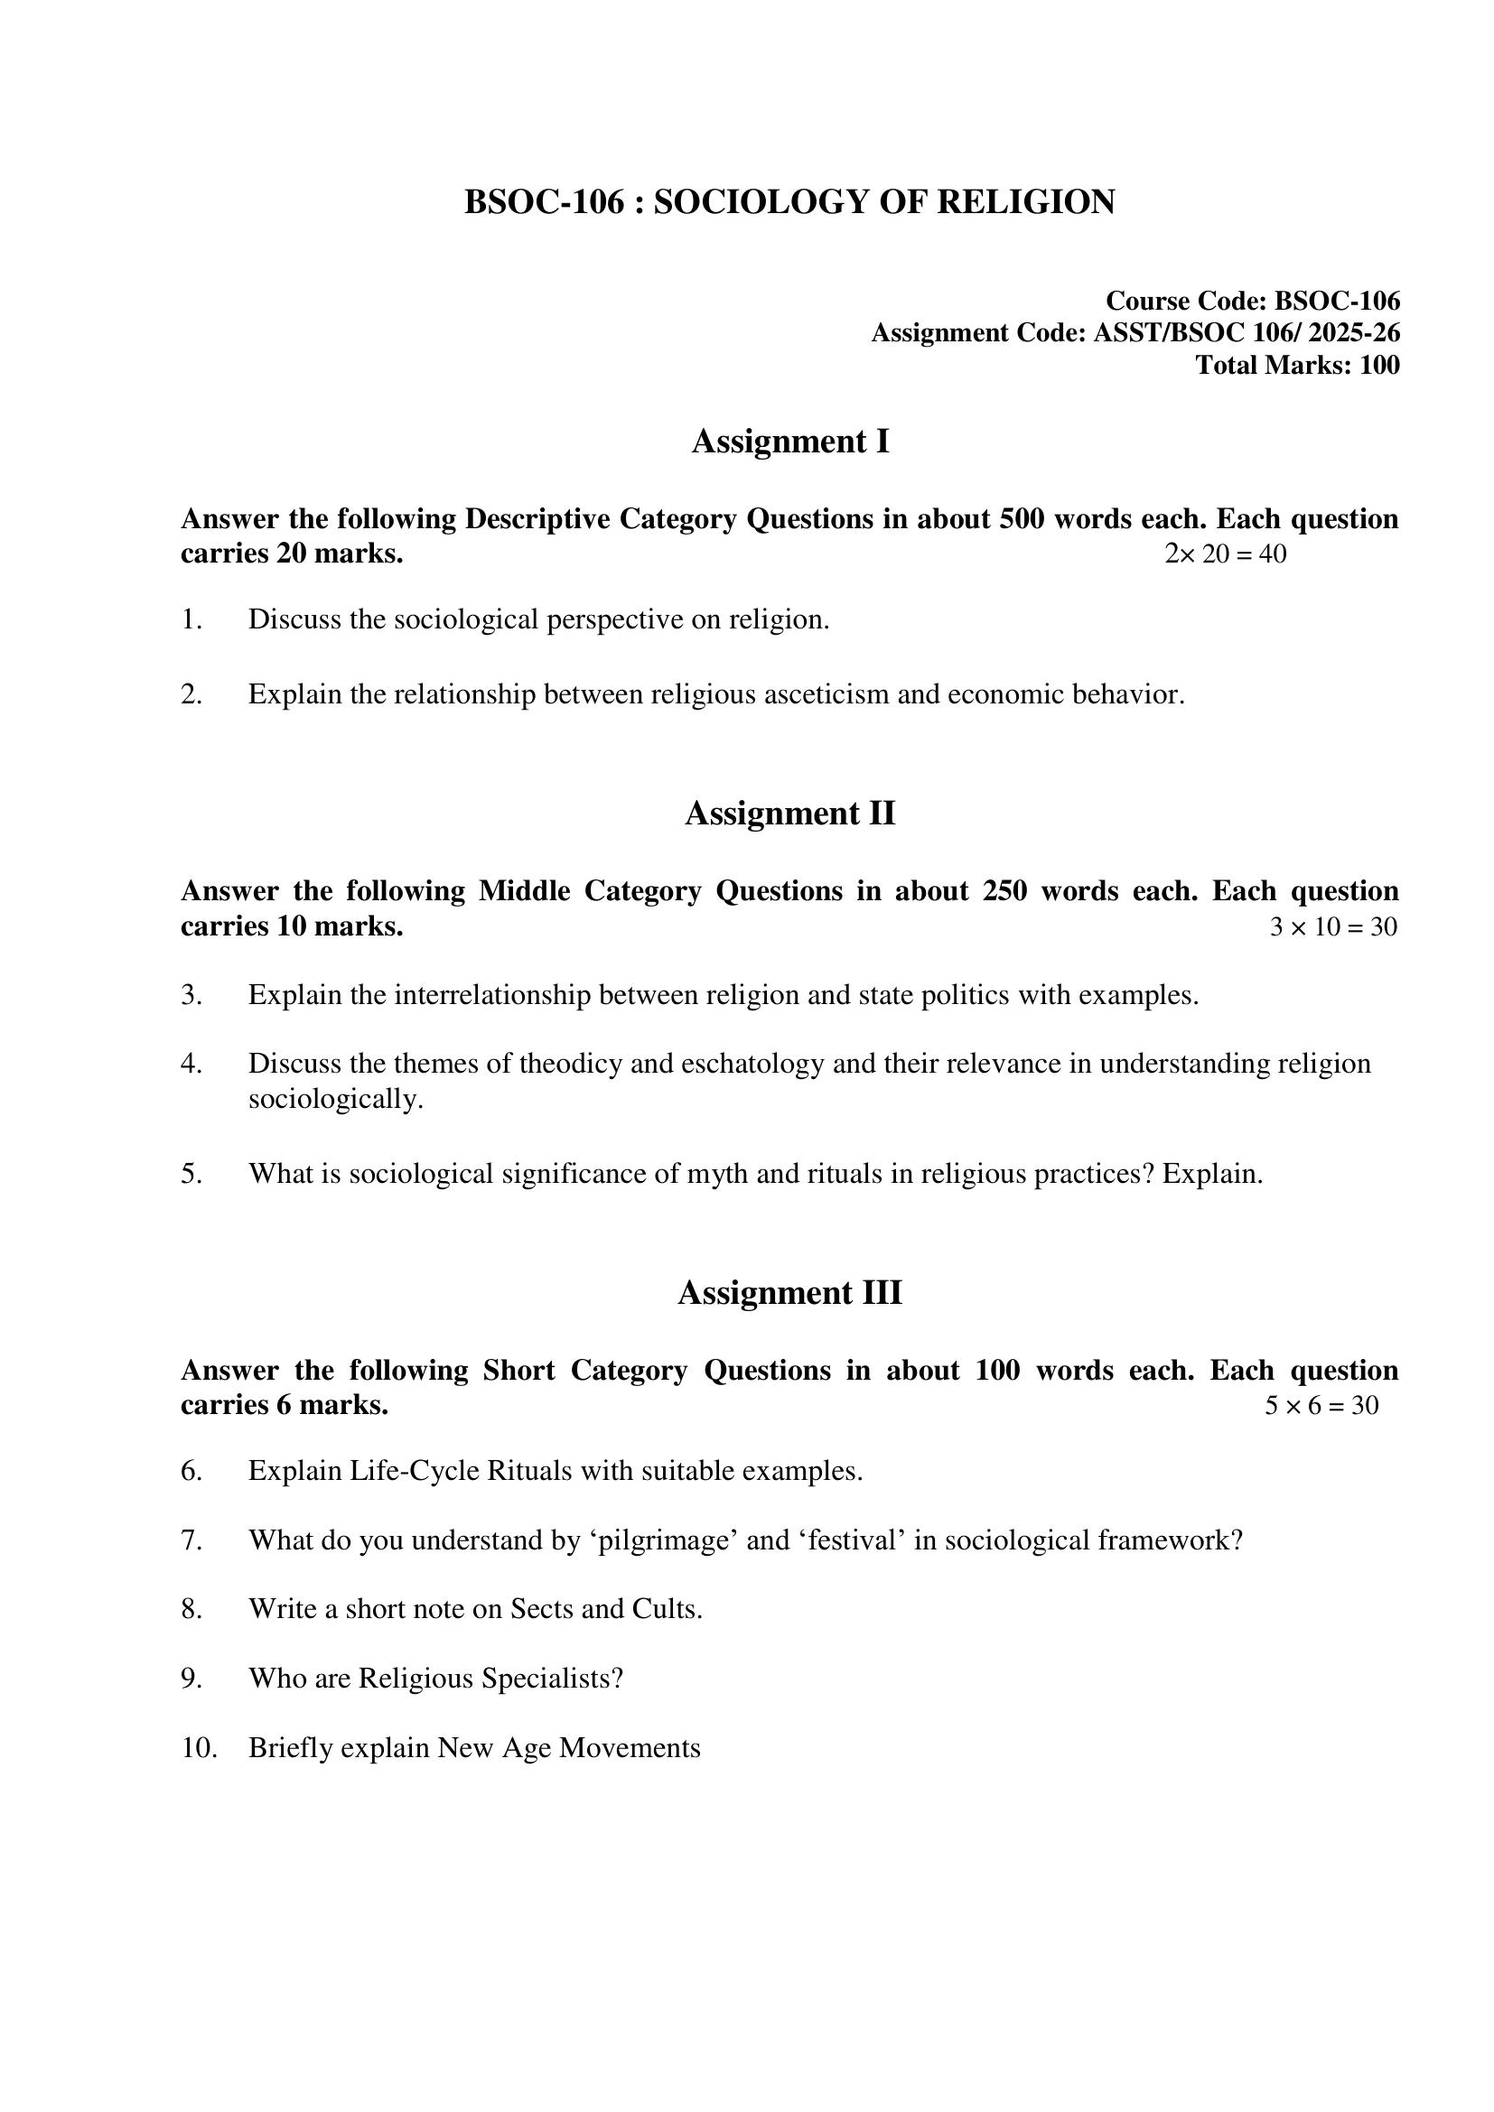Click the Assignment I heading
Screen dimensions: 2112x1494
[790, 442]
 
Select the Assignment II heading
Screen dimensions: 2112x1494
[790, 814]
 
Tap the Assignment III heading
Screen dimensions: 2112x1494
[790, 1292]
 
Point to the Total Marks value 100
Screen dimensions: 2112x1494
[1379, 365]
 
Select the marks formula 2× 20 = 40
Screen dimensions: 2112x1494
[1226, 554]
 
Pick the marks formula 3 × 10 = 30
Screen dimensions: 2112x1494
[1333, 926]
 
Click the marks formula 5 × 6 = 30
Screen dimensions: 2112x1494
[1321, 1406]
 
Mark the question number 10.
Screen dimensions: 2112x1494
[199, 1748]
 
